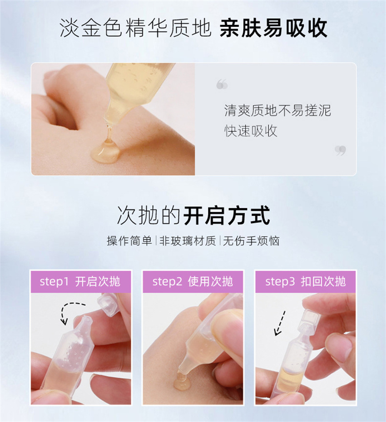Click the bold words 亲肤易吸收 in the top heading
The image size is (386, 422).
[273, 28]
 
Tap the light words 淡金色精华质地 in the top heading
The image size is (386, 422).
[135, 28]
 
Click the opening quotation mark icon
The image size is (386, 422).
[222, 84]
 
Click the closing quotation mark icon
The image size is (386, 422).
[341, 150]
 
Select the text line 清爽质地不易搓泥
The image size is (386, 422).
[277, 111]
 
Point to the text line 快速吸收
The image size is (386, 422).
[251, 131]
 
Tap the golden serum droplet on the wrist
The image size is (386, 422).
[105, 153]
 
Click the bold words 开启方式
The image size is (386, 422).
[227, 215]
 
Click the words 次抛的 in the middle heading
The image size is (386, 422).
[149, 215]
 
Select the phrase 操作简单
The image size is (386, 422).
[129, 241]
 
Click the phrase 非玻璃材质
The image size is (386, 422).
[188, 241]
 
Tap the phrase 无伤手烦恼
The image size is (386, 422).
[251, 241]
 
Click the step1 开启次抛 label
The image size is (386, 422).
[80, 281]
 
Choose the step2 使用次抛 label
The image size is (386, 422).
[193, 281]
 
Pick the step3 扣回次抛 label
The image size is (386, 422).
[306, 281]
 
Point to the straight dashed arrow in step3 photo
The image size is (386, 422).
[279, 323]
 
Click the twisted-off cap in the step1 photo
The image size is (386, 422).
[109, 304]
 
